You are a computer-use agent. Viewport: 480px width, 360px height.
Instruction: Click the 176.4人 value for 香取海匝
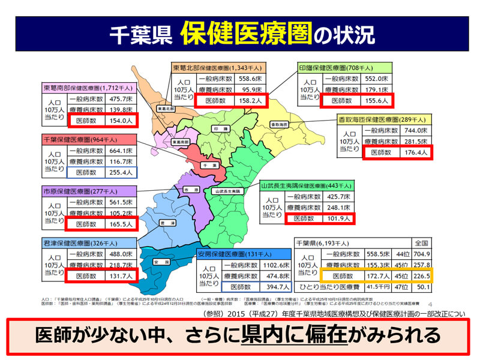pyautogui.click(x=415, y=152)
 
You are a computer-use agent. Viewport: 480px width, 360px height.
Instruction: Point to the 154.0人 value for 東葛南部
pyautogui.click(x=121, y=121)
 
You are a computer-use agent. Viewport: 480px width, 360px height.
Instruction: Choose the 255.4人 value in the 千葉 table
pyautogui.click(x=121, y=172)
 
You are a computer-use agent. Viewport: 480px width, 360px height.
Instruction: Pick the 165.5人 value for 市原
pyautogui.click(x=121, y=224)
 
